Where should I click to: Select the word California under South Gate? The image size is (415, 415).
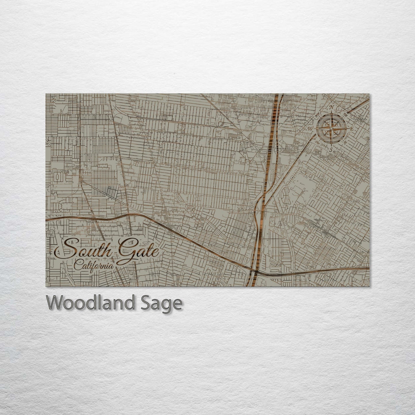[93, 265]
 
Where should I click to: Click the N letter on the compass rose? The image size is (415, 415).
[332, 108]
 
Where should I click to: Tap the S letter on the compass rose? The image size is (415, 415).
[331, 150]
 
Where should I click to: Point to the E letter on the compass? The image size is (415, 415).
[352, 129]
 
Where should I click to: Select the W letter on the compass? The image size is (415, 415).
[311, 128]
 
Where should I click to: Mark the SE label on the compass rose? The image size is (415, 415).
[345, 143]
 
